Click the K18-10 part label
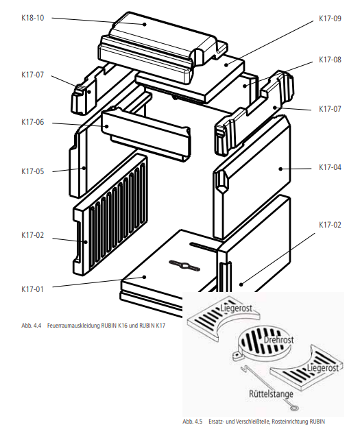pos(32,18)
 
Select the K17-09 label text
pos(330,19)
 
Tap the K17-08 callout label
pos(330,60)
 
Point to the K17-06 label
pos(32,122)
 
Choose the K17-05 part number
pos(32,171)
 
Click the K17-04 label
pos(330,167)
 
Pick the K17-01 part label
pos(32,289)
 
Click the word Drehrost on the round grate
pos(278,340)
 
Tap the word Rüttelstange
pos(271,394)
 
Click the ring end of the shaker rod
pos(293,407)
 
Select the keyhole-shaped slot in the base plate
pos(184,266)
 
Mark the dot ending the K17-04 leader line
pos(280,169)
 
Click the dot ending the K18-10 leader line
pos(145,25)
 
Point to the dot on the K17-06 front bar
pos(107,126)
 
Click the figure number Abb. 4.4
pos(31,325)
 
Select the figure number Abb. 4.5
pos(193,422)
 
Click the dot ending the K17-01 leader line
pos(145,277)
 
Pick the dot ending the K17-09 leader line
pos(226,65)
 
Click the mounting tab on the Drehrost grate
pos(237,356)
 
